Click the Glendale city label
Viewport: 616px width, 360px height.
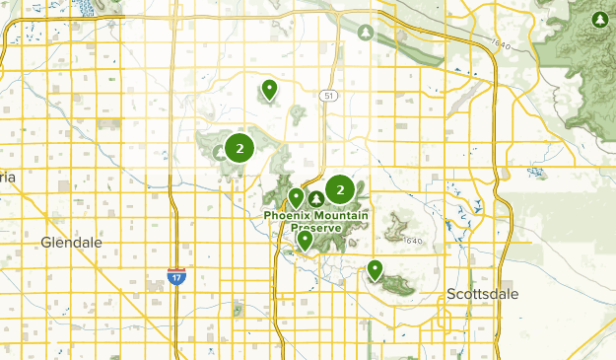click(72, 242)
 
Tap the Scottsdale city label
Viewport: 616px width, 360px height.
click(482, 294)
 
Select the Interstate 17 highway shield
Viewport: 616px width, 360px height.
click(176, 277)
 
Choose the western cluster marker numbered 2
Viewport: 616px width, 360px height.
click(239, 148)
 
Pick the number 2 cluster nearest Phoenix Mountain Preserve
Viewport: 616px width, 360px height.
click(340, 189)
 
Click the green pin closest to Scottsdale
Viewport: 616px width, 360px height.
click(375, 269)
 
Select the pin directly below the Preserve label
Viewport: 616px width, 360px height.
click(305, 239)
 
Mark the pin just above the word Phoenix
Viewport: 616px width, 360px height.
click(296, 197)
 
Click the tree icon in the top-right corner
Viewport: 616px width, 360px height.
click(600, 20)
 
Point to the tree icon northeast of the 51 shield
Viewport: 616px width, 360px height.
click(367, 33)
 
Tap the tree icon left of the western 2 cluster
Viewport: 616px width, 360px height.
click(220, 153)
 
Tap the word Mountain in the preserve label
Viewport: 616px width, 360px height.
click(341, 215)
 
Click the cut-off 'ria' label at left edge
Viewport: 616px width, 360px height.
click(8, 176)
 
